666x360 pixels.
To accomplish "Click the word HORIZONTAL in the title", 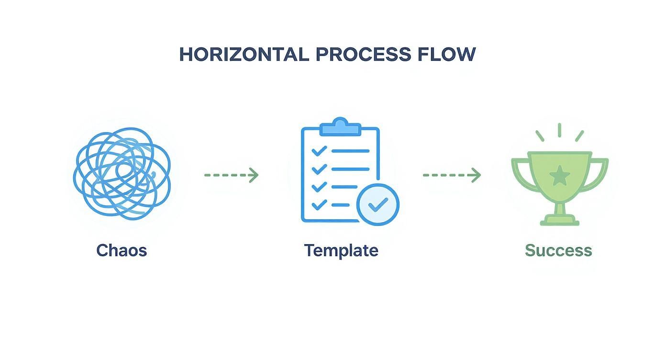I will coord(244,55).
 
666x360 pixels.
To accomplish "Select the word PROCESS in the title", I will coord(363,55).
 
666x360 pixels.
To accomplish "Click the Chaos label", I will coord(122,250).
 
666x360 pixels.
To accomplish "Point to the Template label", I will coord(341,250).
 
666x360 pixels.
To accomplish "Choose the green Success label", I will coord(558,250).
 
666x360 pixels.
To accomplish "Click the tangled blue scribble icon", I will coord(122,173).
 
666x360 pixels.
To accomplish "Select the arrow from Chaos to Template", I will coord(232,175).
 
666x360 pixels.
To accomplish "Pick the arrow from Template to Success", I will coord(452,175).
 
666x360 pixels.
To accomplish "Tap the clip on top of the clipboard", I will coord(340,127).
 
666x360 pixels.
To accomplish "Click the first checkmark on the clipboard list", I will coord(319,151).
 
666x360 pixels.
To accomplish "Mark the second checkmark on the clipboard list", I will coord(319,169).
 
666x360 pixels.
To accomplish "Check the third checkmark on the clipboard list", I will coord(319,187).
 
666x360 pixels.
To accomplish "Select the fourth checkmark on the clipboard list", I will coord(319,205).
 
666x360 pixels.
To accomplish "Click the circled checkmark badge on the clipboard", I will coord(378,205).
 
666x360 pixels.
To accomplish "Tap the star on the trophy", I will coord(559,176).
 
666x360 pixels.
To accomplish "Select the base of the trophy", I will coord(559,220).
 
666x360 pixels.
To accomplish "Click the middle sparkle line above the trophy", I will coord(559,130).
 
